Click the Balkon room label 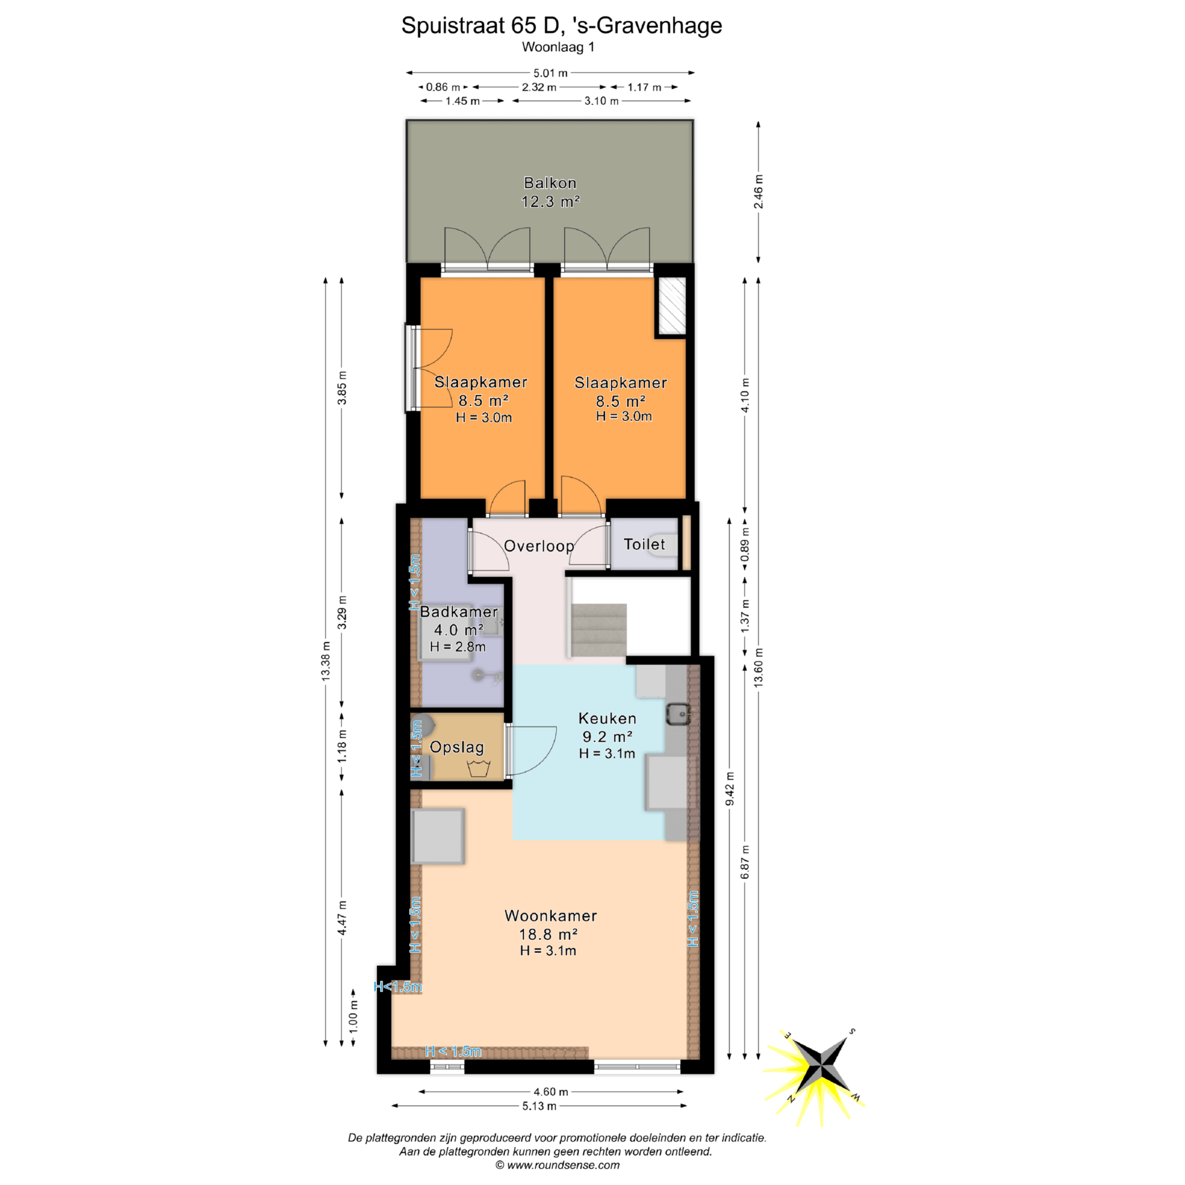(550, 183)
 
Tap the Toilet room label (644, 544)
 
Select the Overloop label (539, 546)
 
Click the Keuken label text (607, 718)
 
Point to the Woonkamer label (551, 915)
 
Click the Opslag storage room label (457, 747)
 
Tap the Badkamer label (459, 612)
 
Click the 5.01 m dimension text (551, 73)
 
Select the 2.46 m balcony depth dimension (759, 192)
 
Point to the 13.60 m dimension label (759, 668)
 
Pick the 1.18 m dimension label (342, 746)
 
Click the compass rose (818, 1070)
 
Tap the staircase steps (599, 630)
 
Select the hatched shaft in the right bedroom (672, 306)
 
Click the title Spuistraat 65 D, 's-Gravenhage (562, 25)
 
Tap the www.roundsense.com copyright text (557, 1165)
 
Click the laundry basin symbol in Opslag (478, 769)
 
